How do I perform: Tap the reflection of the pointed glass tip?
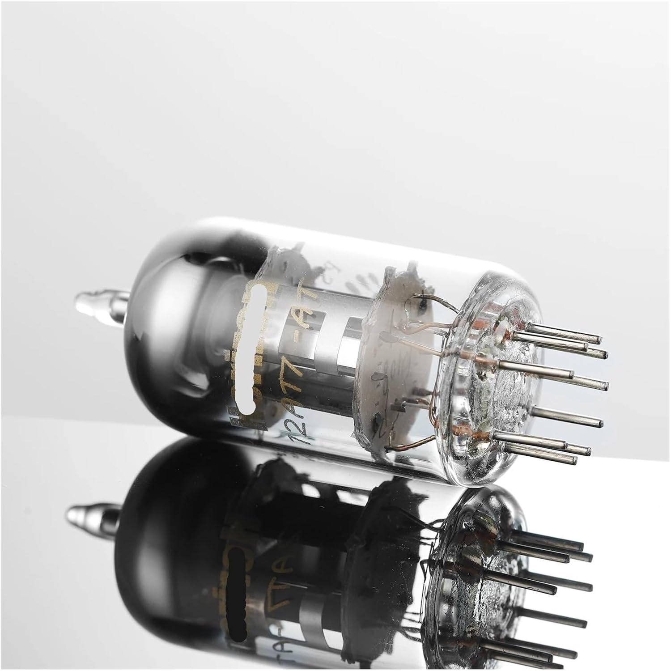[x=83, y=514]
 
